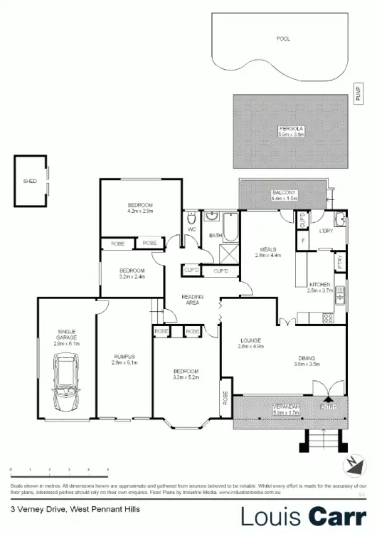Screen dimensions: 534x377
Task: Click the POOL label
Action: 283,38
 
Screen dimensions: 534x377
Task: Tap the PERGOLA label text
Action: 290,127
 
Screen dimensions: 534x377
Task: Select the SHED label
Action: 30,181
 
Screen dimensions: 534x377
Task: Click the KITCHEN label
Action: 319,283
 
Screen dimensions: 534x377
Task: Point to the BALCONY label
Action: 285,193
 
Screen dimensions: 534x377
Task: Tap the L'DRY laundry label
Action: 326,230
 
